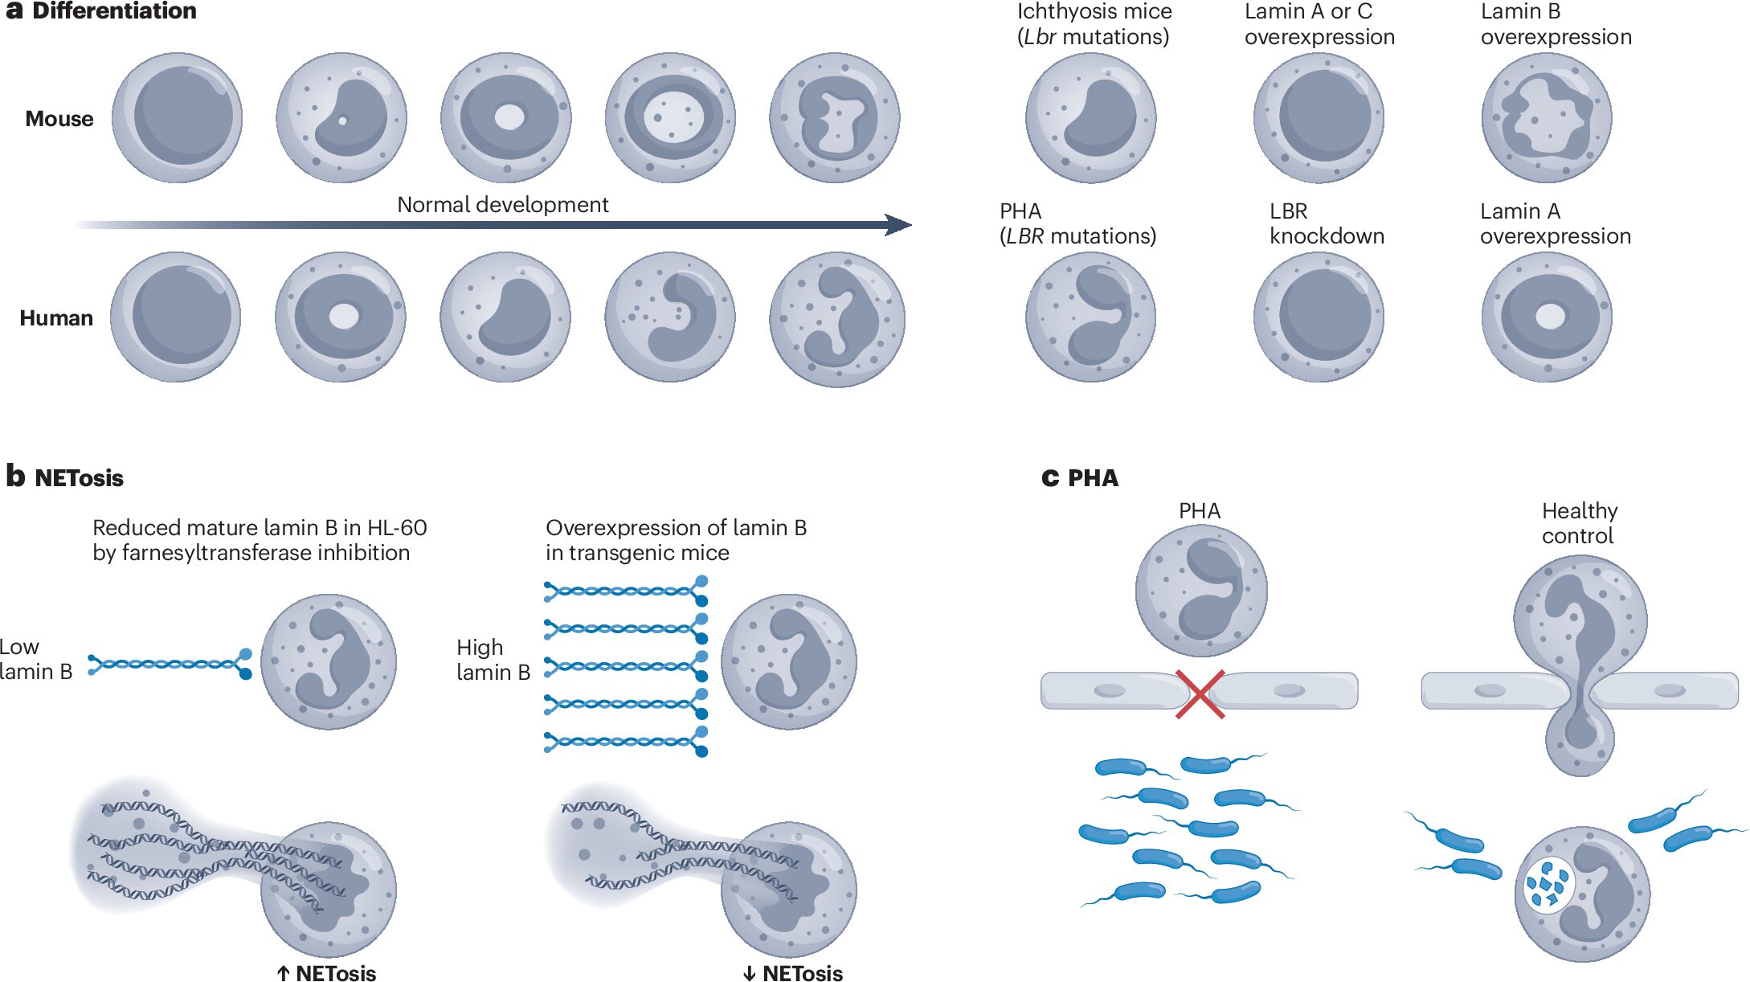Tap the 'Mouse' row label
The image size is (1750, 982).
pos(59,119)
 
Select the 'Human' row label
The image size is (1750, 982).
pos(56,318)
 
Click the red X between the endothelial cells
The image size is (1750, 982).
pos(1200,694)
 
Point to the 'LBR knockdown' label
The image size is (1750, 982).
pos(1327,223)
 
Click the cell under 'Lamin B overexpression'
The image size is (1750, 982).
pos(1546,118)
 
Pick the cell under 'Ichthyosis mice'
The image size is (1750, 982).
pos(1090,118)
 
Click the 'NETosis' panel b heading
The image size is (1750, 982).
pos(79,478)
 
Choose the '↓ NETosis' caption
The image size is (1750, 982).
pos(793,973)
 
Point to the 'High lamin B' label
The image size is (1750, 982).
pos(493,660)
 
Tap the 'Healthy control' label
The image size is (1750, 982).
pos(1579,523)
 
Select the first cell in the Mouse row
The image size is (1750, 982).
pos(177,118)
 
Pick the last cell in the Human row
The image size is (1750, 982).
pos(836,319)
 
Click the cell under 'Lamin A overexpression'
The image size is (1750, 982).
pos(1546,317)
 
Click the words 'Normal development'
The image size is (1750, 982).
pos(502,205)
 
